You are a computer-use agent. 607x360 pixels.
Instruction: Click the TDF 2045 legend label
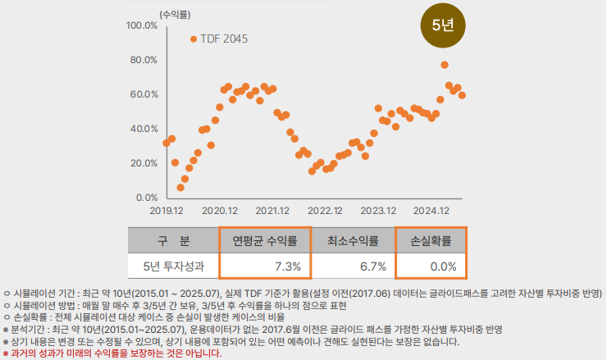(224, 39)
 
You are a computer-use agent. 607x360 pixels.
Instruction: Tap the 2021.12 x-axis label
(272, 211)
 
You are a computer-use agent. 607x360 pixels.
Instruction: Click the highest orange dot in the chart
(445, 65)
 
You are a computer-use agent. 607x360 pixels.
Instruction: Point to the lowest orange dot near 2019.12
(180, 188)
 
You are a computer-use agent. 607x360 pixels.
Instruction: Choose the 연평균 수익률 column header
(267, 241)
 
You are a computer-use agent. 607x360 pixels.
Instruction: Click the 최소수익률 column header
(353, 241)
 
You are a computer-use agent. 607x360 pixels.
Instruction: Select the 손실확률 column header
(431, 241)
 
